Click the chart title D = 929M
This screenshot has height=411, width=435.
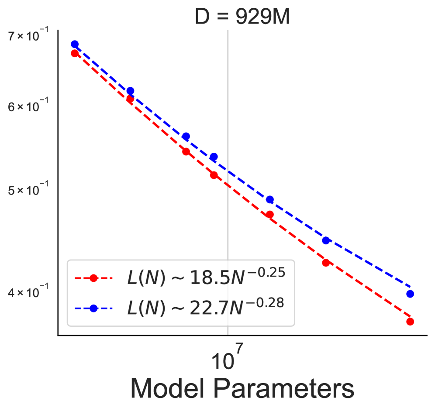[x=242, y=18]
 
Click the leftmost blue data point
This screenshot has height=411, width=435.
[x=75, y=45]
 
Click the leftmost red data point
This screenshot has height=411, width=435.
[x=75, y=54]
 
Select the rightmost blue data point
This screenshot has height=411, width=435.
[x=410, y=294]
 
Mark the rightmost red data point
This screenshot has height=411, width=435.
[x=410, y=322]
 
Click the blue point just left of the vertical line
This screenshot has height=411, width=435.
[x=214, y=157]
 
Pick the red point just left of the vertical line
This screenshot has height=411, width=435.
[x=214, y=175]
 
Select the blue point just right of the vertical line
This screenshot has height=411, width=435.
[x=270, y=200]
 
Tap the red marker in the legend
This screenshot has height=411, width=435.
[x=93, y=278]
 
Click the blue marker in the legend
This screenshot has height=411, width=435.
[x=93, y=308]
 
